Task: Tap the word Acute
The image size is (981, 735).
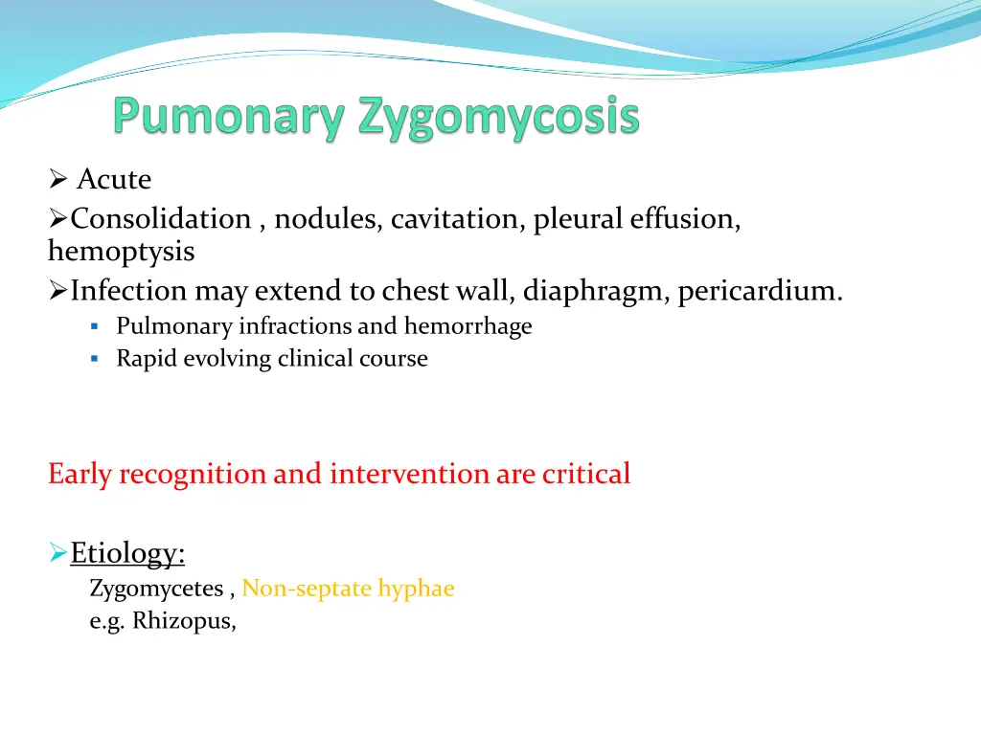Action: click(x=114, y=180)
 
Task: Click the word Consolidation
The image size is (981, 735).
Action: click(x=161, y=219)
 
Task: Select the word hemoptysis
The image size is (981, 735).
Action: click(x=121, y=253)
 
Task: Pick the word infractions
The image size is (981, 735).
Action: click(x=295, y=326)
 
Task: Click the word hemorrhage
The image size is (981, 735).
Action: click(x=468, y=326)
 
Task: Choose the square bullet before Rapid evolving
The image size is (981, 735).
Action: click(x=95, y=360)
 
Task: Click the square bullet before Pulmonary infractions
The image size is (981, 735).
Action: click(x=95, y=327)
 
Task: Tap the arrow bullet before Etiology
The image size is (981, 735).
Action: click(x=57, y=553)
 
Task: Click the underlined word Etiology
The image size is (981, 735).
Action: click(x=127, y=553)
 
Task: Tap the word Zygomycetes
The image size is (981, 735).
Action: click(x=156, y=590)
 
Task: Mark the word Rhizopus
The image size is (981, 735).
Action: click(x=184, y=621)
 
